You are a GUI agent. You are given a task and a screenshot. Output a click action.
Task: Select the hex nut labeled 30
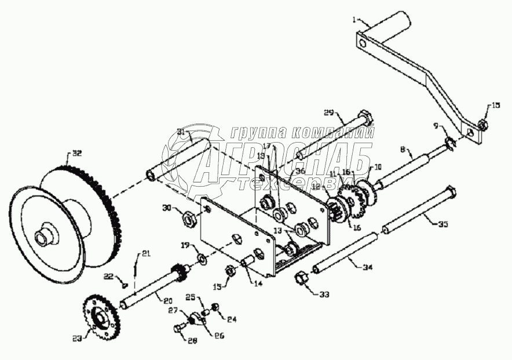click(x=188, y=219)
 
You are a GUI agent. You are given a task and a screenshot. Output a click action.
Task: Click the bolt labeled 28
click(x=179, y=329)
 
